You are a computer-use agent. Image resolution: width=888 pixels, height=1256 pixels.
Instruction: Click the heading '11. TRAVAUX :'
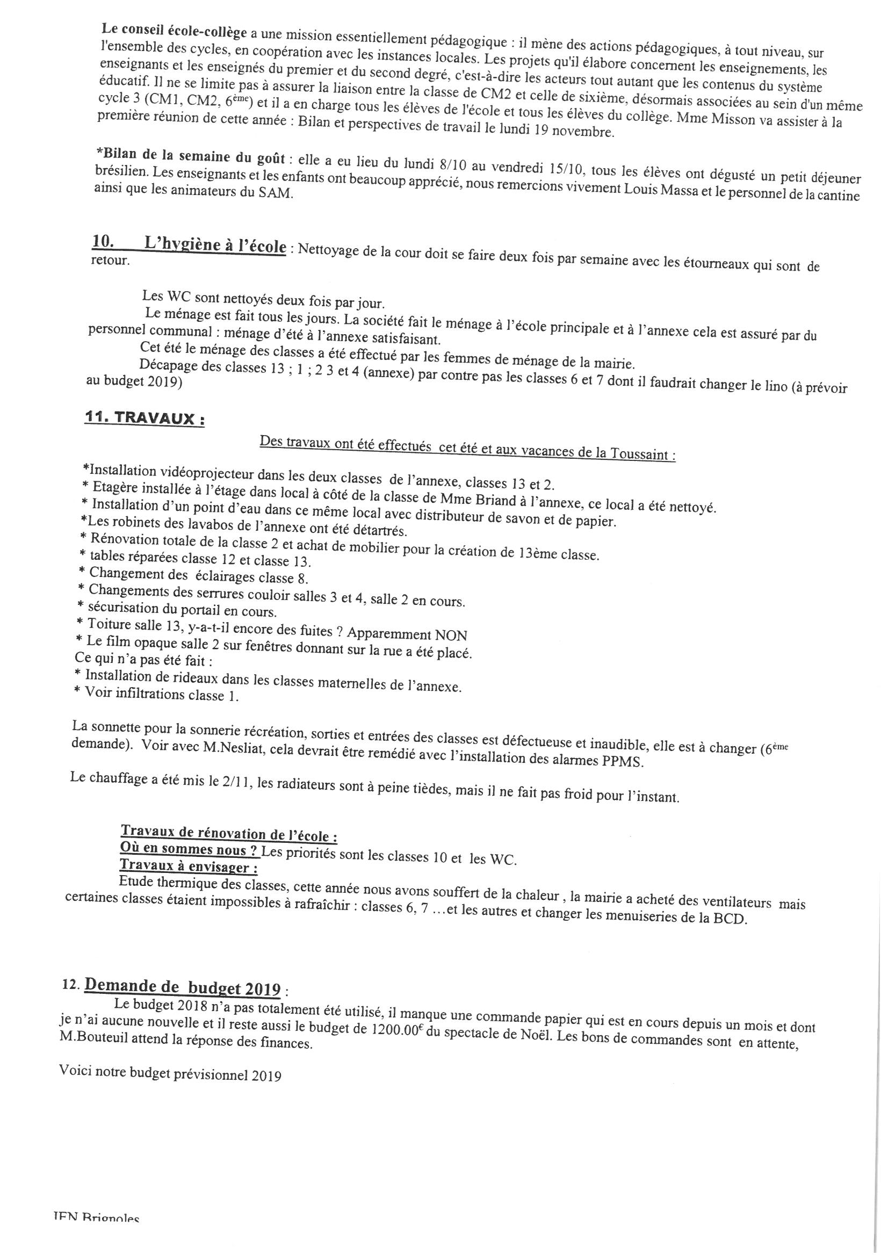point(145,419)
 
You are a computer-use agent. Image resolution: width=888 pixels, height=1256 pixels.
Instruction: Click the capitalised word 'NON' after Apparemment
point(451,634)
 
